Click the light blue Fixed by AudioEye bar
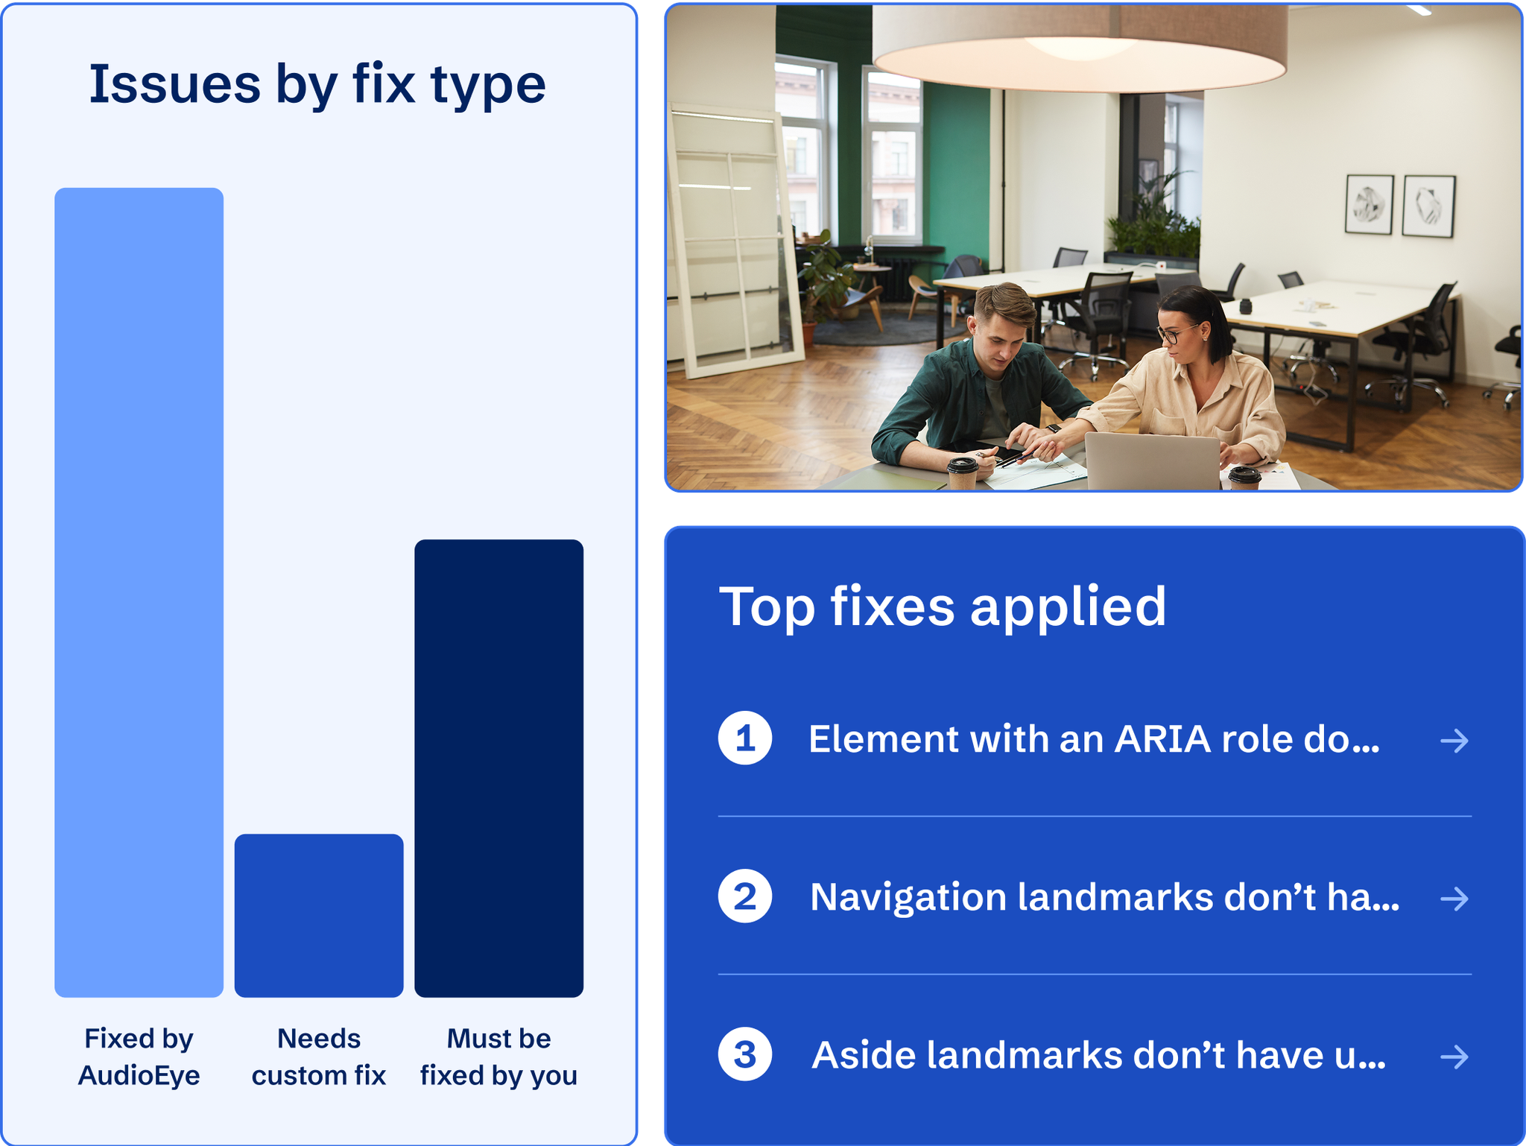[139, 592]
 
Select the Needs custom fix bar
[319, 915]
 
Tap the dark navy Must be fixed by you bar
[498, 767]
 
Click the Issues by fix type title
[317, 84]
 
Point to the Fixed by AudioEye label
[139, 1057]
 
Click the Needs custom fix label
[319, 1057]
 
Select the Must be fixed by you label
[498, 1057]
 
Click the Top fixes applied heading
[942, 607]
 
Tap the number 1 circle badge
[744, 738]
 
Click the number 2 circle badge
[744, 896]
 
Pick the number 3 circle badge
[744, 1054]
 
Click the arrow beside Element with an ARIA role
[1454, 741]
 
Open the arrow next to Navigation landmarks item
[1454, 899]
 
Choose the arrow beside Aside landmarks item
[1454, 1057]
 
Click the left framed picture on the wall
[1369, 204]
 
